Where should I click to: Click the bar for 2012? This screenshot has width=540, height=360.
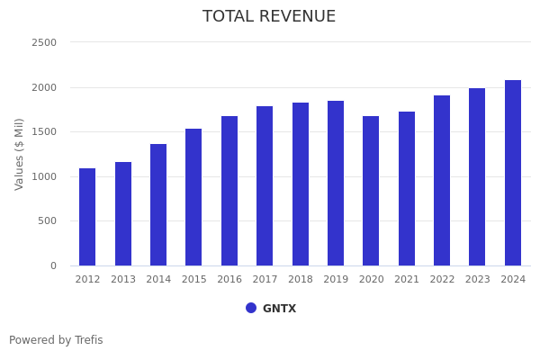pos(87,217)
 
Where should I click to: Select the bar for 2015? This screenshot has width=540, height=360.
pos(193,197)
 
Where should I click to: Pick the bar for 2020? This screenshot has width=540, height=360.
pos(371,191)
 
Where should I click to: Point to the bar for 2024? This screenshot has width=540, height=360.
pos(513,173)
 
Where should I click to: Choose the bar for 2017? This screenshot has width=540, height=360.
pos(265,185)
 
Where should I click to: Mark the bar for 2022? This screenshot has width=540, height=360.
pos(442,180)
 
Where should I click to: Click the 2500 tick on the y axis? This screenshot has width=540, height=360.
pos(44,42)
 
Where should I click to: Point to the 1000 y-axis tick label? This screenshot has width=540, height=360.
pos(44,176)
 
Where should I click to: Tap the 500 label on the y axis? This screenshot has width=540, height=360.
pos(47,221)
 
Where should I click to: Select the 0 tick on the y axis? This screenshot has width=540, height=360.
pos(52,265)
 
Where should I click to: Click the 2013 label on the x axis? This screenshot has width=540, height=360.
pos(123,280)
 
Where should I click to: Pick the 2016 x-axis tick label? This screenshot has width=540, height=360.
pos(229,280)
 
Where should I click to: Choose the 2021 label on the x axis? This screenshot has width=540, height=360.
pos(407,280)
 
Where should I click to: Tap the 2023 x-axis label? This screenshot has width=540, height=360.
pos(478,280)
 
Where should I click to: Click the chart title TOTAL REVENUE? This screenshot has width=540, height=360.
pos(269,17)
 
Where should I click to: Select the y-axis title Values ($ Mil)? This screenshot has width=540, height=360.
pos(20,154)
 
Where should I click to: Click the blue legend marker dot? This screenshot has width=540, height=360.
pos(251,308)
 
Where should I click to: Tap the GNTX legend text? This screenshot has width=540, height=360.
pos(279,309)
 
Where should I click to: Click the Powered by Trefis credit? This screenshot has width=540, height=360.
pos(56,340)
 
